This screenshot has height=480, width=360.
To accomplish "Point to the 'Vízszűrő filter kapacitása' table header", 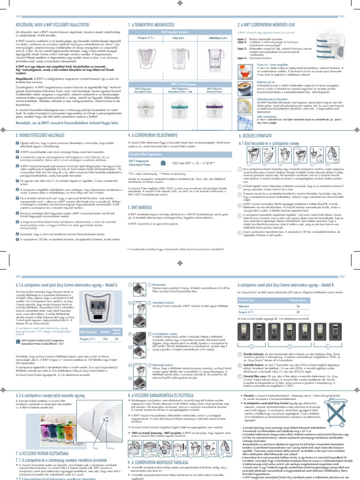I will pyautogui.click(x=152, y=153).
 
